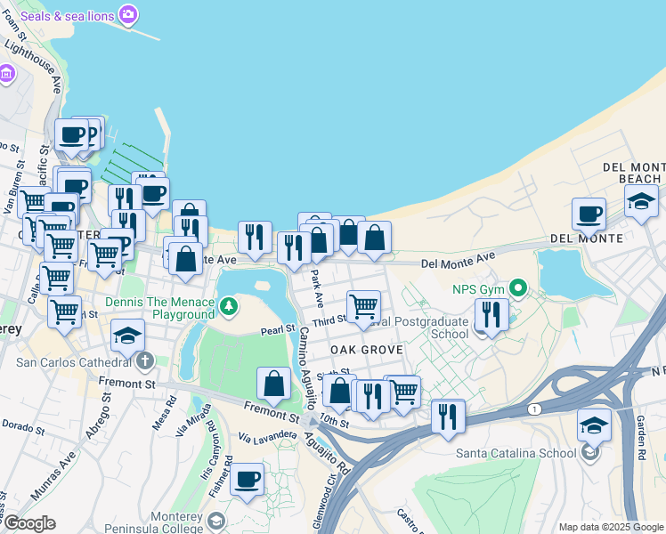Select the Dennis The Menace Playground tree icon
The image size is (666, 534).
(x=230, y=307)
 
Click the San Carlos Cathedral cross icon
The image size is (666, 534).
(x=145, y=361)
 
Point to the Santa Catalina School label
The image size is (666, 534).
(x=516, y=452)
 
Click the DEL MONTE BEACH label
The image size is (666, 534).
(x=634, y=173)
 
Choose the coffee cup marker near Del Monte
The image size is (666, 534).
(x=589, y=214)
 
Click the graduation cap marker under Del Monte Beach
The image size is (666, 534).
(x=641, y=201)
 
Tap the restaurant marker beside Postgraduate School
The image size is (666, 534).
(x=491, y=314)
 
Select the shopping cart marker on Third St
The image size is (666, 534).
(x=364, y=307)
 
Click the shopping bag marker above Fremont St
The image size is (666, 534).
(x=274, y=384)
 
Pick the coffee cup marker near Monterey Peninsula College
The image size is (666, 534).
(x=247, y=480)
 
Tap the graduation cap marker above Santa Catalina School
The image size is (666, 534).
(x=594, y=425)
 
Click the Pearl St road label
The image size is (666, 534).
(x=277, y=329)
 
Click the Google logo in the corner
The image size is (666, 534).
(x=28, y=523)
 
